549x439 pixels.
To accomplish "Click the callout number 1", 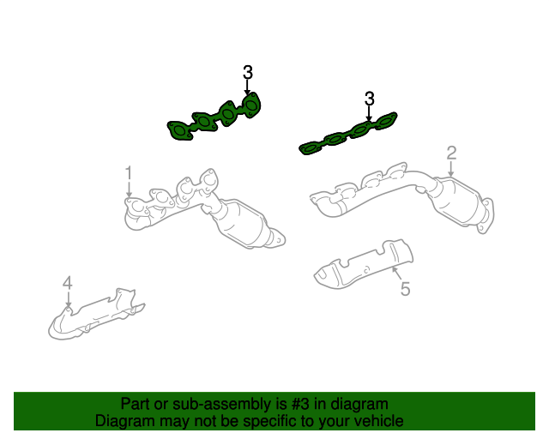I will click(x=129, y=173).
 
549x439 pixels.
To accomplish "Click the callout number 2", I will click(x=451, y=153).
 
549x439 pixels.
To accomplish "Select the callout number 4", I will click(x=67, y=283).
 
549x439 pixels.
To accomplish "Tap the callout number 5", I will click(x=405, y=289).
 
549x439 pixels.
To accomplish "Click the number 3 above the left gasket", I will click(x=248, y=72).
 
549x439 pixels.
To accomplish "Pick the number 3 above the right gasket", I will click(x=370, y=98).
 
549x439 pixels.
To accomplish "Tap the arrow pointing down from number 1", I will click(x=129, y=191).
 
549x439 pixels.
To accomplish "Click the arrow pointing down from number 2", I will click(x=451, y=171).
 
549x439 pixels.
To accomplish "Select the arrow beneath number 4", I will click(x=68, y=299).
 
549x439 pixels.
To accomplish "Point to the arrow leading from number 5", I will click(x=395, y=274).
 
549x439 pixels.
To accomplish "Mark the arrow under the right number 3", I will click(x=370, y=113).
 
